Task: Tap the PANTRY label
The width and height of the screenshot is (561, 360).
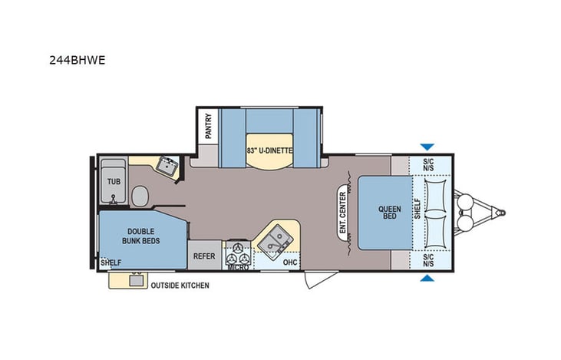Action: pyautogui.click(x=207, y=126)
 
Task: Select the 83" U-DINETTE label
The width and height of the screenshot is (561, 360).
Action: pyautogui.click(x=269, y=150)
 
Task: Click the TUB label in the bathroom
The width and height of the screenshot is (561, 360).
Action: pyautogui.click(x=114, y=181)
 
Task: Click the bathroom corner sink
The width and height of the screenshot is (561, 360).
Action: pyautogui.click(x=166, y=166)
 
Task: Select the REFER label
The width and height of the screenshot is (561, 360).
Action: pyautogui.click(x=204, y=256)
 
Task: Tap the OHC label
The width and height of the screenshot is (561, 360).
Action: pyautogui.click(x=289, y=261)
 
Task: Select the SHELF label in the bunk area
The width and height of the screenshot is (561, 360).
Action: pyautogui.click(x=111, y=262)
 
